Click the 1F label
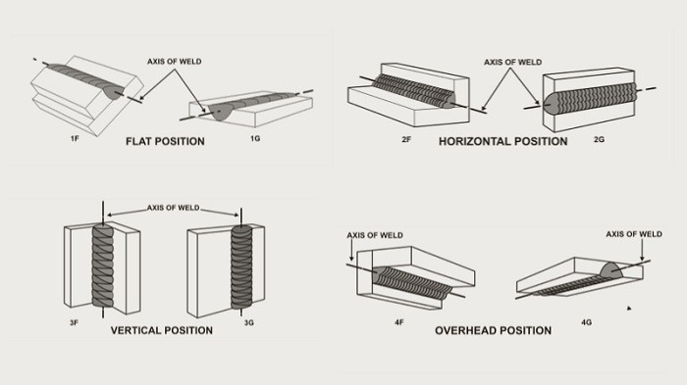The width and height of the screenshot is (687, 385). [75, 139]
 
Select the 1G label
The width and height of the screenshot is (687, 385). [255, 139]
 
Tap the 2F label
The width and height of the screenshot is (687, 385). [406, 139]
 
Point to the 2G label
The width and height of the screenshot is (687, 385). [599, 139]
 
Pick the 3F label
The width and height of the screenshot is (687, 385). [74, 323]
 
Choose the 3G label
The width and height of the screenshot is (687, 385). [249, 323]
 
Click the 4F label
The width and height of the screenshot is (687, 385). [398, 323]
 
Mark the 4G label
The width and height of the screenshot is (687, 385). [586, 323]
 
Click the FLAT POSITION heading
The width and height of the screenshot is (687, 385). [165, 141]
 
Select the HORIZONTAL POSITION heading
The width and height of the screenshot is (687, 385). [502, 141]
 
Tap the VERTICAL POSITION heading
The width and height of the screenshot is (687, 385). [162, 330]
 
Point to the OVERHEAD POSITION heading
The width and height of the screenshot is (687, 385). [494, 330]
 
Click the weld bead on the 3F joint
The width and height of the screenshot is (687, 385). [103, 265]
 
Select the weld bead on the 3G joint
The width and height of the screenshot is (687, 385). [241, 266]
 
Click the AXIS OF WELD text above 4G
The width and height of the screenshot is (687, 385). [634, 234]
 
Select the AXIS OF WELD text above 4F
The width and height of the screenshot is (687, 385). [375, 235]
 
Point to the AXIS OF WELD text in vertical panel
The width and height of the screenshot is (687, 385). [173, 208]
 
